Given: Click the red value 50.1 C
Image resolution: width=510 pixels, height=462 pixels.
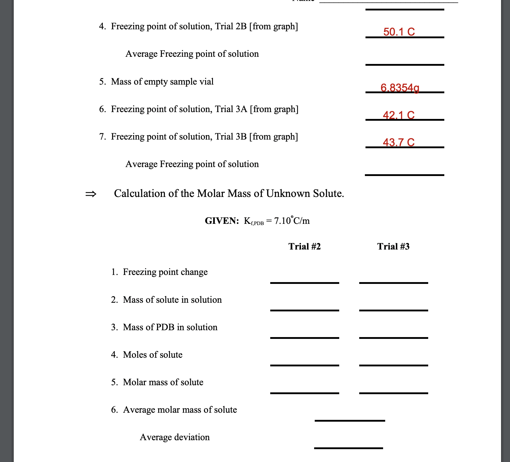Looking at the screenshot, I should [399, 32].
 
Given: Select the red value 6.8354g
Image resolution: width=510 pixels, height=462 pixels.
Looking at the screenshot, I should [400, 88].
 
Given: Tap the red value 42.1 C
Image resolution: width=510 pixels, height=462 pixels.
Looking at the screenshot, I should [399, 115].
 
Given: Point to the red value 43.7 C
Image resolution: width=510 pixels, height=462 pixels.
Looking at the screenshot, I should [399, 142].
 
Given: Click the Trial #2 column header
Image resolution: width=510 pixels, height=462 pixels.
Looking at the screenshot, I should [304, 247].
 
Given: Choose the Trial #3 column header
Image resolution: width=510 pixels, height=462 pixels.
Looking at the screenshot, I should [393, 247].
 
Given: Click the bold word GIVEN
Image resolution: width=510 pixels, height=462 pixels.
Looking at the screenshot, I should [222, 221].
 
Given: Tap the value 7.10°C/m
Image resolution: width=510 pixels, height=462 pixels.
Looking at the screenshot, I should [292, 221].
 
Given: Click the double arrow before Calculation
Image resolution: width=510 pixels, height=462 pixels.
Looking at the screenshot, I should [91, 194].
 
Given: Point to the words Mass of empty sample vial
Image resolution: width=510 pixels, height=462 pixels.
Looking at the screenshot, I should [162, 82].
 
